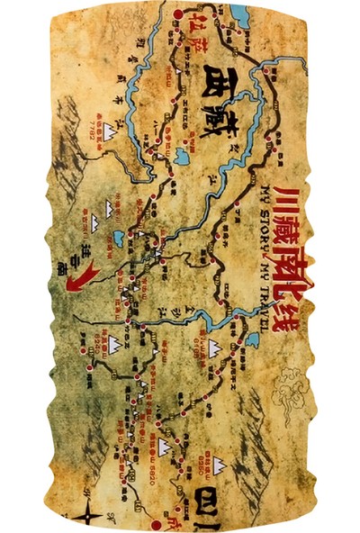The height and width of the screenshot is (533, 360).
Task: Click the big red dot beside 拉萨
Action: tap(177, 15)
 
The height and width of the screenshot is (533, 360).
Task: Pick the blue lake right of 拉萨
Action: tap(239, 15)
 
